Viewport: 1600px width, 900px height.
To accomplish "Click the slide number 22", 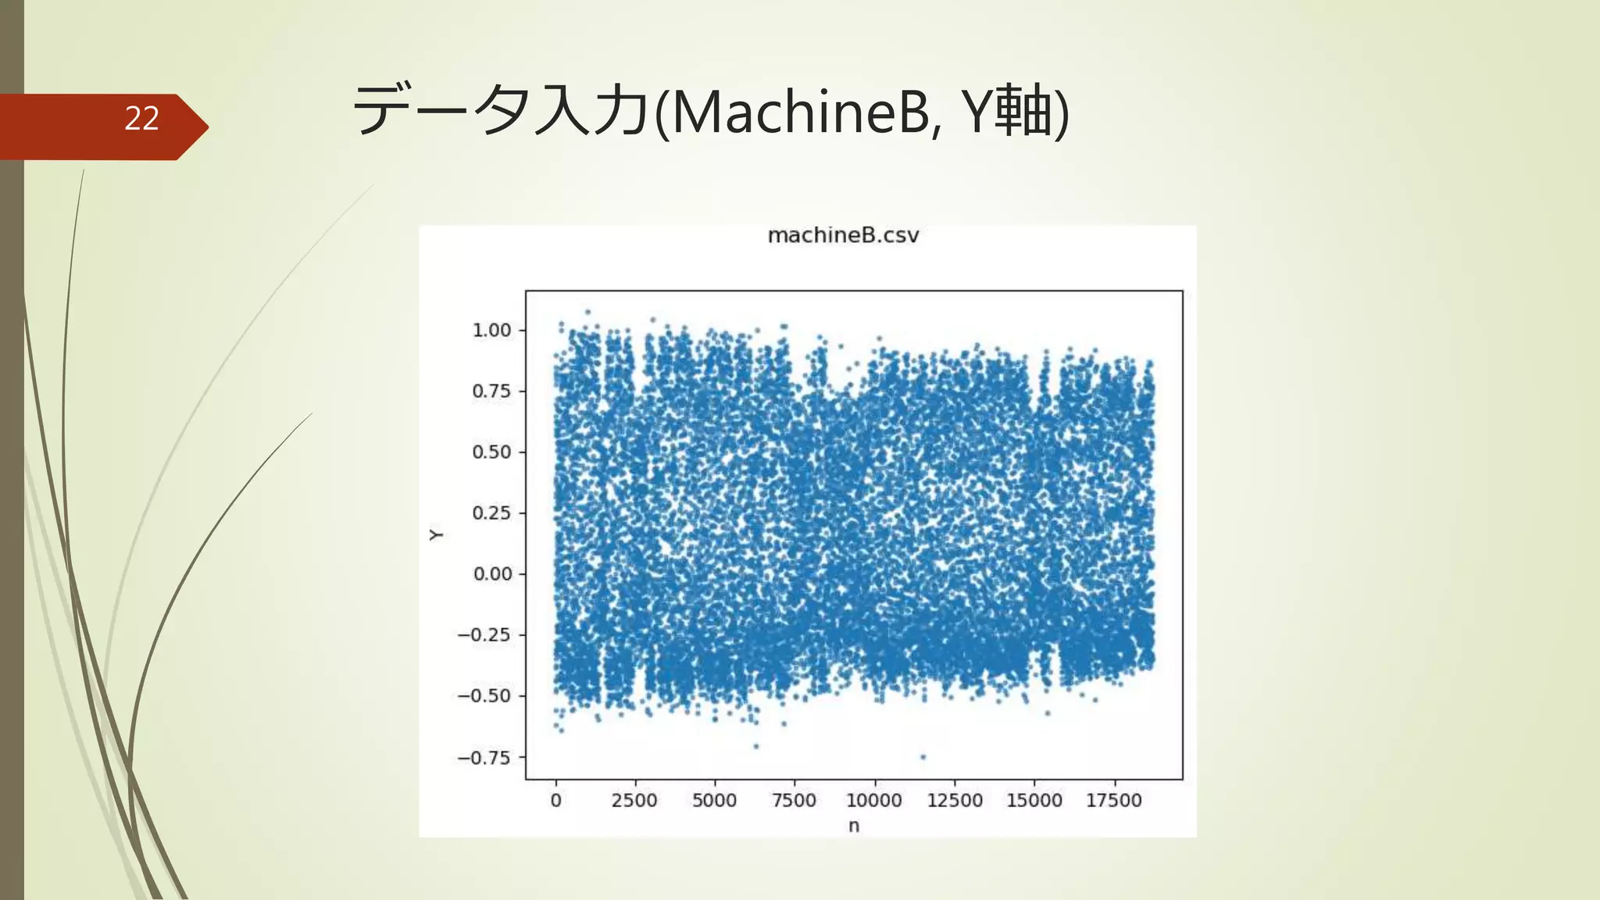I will [141, 119].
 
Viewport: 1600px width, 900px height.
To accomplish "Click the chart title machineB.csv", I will [843, 235].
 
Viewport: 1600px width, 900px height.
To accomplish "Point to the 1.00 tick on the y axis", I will [491, 330].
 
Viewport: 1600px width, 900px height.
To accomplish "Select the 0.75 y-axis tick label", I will [491, 391].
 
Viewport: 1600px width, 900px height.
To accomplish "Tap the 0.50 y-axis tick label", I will [491, 452].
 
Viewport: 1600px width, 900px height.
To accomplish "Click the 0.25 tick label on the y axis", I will [491, 513].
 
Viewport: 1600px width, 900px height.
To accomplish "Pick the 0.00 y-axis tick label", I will [492, 574].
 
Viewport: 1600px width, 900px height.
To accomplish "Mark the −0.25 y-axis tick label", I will [484, 635].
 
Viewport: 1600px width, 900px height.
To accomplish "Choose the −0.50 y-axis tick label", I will [484, 696].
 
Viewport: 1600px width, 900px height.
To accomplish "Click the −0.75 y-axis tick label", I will [484, 758].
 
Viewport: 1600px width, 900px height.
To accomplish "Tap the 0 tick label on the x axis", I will [555, 801].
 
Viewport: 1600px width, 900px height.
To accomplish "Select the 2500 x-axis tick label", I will [634, 801].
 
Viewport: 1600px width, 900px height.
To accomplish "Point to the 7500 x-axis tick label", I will [794, 801].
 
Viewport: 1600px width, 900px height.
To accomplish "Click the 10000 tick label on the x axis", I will [874, 801].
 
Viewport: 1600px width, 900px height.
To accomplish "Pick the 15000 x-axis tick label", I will [1034, 801].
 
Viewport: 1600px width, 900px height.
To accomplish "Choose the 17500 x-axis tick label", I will [1114, 801].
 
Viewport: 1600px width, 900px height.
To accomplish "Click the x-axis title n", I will [854, 826].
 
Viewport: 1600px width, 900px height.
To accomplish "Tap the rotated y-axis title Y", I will [436, 535].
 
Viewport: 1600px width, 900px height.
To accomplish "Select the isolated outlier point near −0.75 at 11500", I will [923, 757].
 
